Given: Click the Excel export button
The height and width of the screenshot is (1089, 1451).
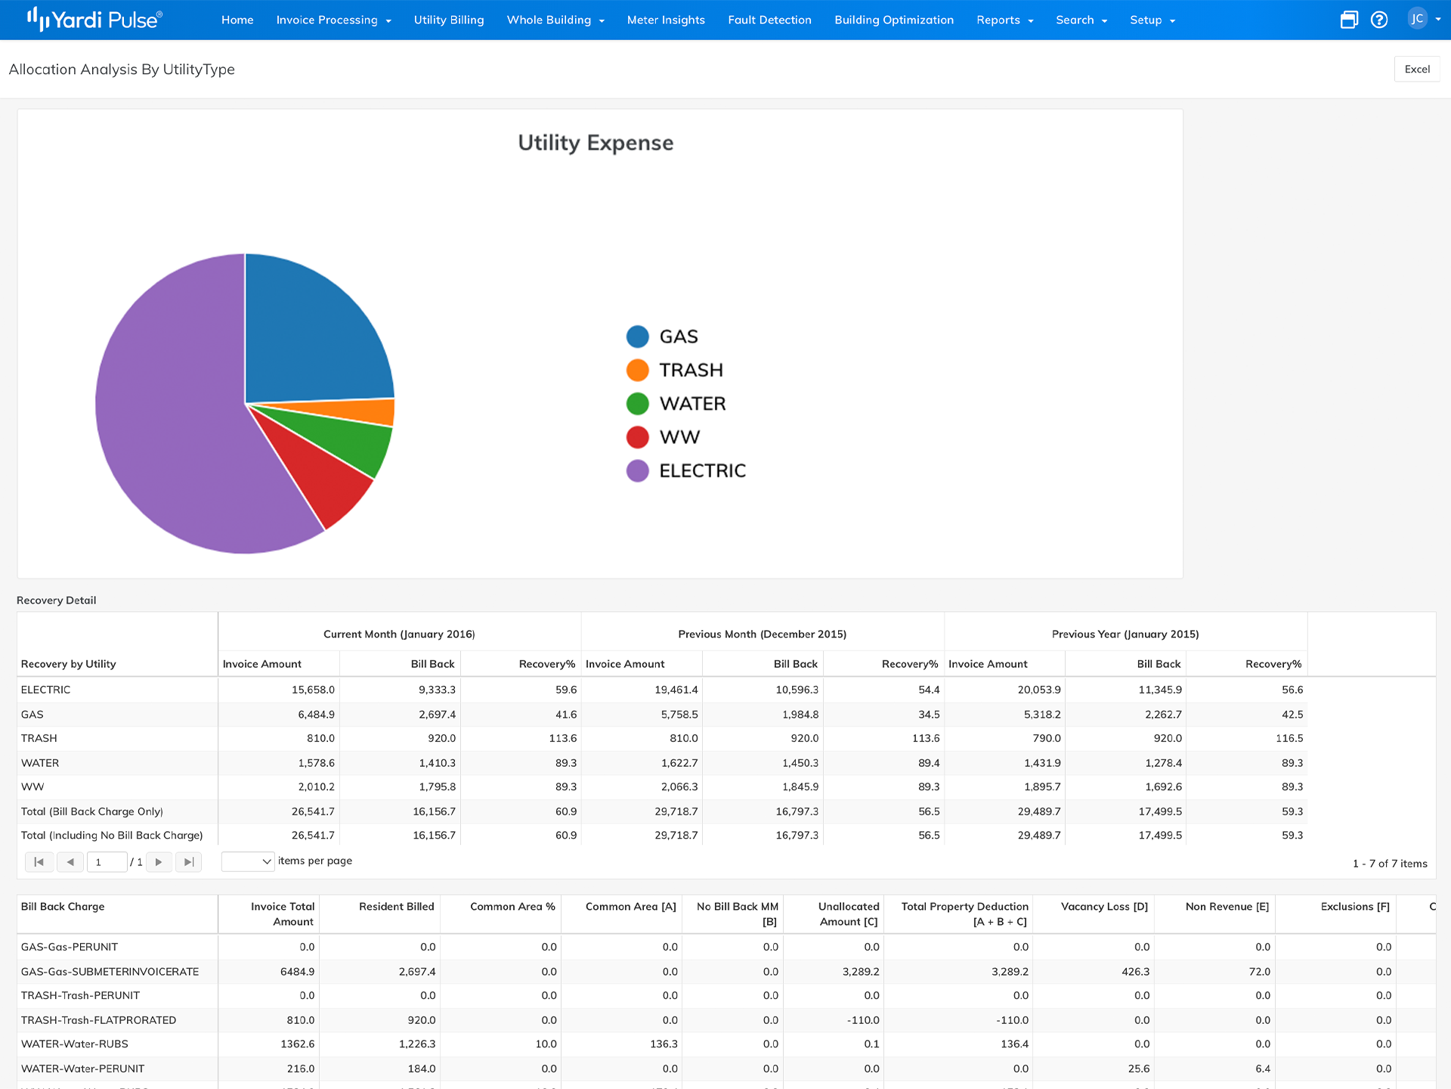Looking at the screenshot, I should click(1417, 69).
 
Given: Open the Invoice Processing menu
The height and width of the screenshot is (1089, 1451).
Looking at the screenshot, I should click(333, 20).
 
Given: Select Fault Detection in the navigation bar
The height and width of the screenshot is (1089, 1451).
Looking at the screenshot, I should click(769, 20).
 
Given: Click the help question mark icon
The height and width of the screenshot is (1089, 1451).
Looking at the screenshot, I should click(1379, 20).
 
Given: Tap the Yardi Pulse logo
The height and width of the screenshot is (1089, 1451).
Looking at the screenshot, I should click(94, 20).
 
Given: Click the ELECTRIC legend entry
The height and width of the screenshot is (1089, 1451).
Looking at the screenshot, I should click(701, 471).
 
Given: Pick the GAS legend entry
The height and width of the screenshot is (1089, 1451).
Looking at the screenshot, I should click(678, 337).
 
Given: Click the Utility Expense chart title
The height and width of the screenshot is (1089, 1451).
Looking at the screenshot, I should click(596, 143).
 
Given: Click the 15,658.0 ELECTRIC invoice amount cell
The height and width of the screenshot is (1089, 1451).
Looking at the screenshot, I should click(313, 690).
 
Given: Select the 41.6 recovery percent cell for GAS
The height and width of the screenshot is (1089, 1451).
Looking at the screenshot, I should click(565, 715).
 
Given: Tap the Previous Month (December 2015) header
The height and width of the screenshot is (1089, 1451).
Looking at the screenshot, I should click(762, 634).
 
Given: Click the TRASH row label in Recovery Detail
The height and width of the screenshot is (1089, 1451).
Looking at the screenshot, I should click(39, 738).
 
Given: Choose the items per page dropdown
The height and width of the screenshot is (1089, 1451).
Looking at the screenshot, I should click(247, 861).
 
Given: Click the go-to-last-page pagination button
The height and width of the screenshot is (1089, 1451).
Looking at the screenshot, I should click(189, 862).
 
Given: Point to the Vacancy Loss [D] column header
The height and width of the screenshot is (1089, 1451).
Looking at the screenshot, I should click(1104, 907).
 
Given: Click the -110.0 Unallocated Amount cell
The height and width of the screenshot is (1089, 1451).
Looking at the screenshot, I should click(862, 1020).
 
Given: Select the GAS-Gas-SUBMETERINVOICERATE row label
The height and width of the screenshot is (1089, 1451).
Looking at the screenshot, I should click(110, 972).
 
